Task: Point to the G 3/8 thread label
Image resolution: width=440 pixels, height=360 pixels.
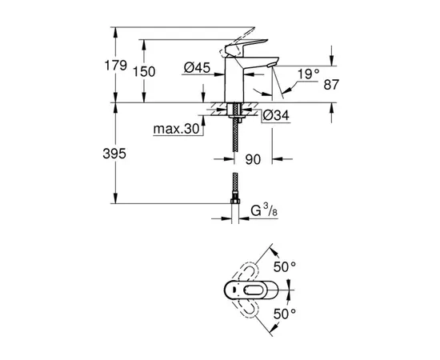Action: pyautogui.click(x=261, y=214)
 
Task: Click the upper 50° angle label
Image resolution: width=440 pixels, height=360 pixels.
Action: pyautogui.click(x=286, y=265)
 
